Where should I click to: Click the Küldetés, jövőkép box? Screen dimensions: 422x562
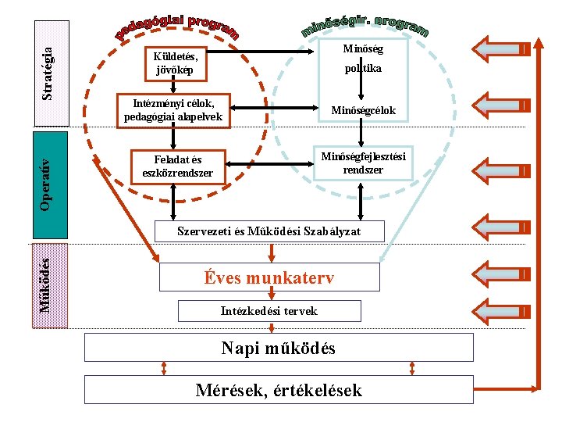point(176,63)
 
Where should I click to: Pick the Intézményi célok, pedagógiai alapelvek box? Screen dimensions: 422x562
point(173,110)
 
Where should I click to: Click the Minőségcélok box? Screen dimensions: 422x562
point(363,111)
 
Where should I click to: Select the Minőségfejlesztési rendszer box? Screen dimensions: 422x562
point(363,163)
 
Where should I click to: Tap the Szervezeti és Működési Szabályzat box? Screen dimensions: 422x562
point(270,231)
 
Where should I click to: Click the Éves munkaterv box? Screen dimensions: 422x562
point(269,277)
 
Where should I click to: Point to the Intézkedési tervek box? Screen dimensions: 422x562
point(269,310)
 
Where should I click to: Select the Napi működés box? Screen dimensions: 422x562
point(279,348)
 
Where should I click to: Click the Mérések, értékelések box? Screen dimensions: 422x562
point(279,389)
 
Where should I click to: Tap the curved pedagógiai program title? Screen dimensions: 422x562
point(178,28)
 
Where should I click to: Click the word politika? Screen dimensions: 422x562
point(363,69)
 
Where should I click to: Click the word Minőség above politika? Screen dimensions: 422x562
point(363,48)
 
